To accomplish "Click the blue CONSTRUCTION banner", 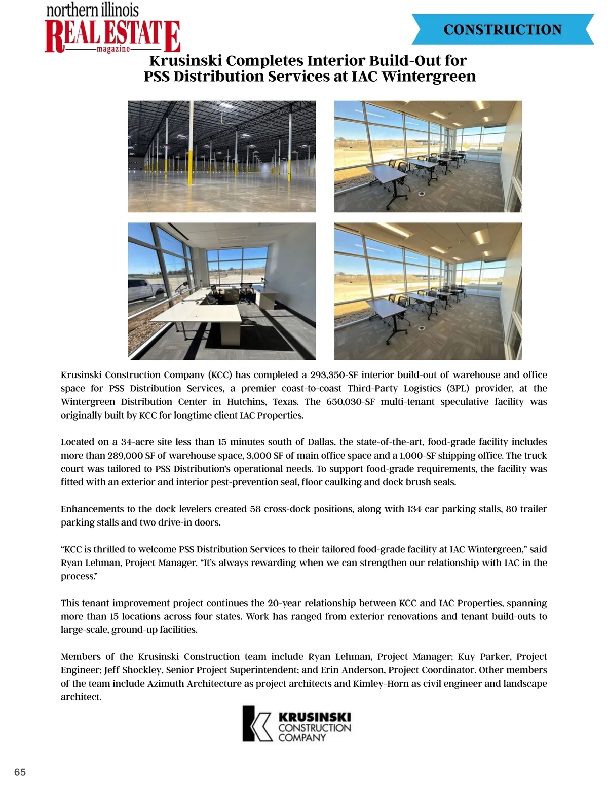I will (x=503, y=29).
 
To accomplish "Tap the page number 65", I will (x=20, y=772).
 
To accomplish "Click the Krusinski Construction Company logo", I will (x=297, y=724).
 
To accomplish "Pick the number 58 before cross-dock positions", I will (x=255, y=509).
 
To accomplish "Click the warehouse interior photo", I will (x=221, y=156).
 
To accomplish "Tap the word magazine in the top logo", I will (x=113, y=49).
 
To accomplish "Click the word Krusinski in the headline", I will (x=185, y=61).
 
